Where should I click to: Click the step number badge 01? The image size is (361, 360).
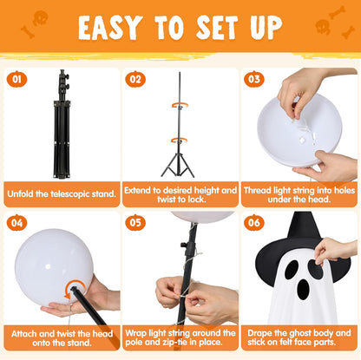16,79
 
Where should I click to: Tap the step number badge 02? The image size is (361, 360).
136,79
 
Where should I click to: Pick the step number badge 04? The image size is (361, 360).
16,222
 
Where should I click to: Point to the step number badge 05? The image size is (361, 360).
136,222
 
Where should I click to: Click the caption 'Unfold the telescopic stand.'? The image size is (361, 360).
61,193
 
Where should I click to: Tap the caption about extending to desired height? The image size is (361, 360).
180,193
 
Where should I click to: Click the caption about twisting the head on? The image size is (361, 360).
61,338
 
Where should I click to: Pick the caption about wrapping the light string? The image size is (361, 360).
180,338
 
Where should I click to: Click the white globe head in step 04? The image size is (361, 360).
54,265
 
